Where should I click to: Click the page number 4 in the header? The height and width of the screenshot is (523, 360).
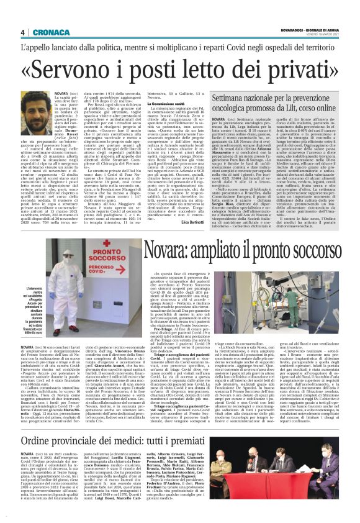coord(22,32)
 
